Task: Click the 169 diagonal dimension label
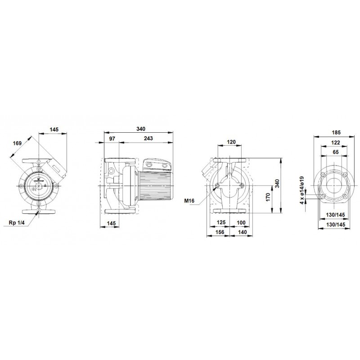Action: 17,143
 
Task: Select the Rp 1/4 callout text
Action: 16,222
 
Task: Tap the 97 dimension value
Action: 112,139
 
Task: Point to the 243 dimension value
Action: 148,139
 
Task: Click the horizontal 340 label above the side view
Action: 141,129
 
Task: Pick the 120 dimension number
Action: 231,142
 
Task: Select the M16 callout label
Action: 189,201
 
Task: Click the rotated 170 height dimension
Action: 268,198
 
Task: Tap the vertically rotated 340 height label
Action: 277,184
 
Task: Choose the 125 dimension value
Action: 221,222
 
